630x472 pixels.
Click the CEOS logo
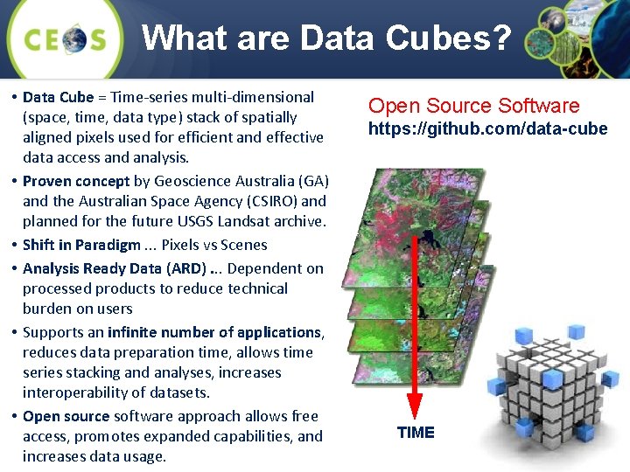tap(66, 38)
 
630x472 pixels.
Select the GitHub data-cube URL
tap(487, 129)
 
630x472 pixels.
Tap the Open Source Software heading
tap(473, 106)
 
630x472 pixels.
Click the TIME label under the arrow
tap(416, 433)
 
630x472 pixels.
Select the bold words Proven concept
tap(76, 181)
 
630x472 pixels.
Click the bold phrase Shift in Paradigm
tap(81, 245)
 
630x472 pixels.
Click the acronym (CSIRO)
tap(269, 201)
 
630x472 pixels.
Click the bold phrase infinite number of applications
tap(214, 332)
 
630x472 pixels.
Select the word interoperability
tap(77, 392)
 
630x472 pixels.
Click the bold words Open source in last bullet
tap(66, 416)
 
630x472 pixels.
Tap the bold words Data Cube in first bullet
tap(59, 97)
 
